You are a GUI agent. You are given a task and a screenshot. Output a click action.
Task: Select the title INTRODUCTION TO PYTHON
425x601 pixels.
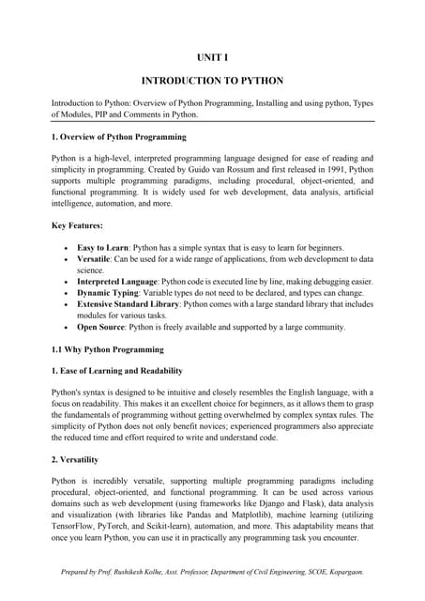(212, 82)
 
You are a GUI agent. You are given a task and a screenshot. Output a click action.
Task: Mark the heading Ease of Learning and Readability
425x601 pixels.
(123, 371)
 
